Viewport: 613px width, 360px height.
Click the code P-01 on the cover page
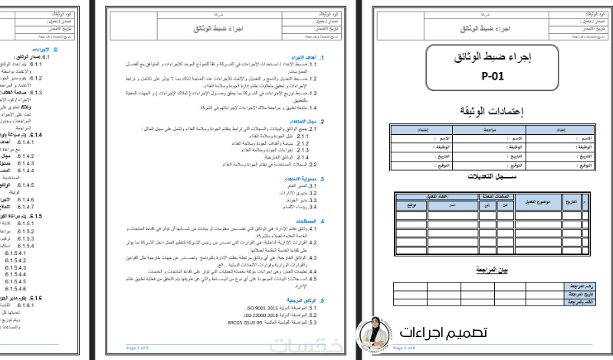(x=493, y=77)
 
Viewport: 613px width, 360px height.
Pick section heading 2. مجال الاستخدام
(x=306, y=122)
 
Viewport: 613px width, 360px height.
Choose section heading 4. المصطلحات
(x=309, y=221)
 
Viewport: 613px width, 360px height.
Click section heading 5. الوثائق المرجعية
(x=304, y=301)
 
